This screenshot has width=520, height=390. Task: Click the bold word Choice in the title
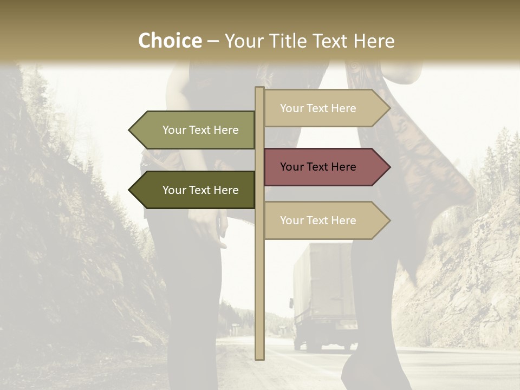tap(170, 41)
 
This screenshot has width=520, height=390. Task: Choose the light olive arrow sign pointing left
tap(195, 130)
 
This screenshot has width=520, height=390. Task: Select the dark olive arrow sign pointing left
tap(195, 190)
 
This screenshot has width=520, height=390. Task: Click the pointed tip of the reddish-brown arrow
tap(389, 167)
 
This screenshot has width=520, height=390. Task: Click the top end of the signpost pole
tap(259, 89)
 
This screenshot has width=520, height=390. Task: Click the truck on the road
tap(323, 295)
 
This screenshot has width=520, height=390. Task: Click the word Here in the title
tap(373, 41)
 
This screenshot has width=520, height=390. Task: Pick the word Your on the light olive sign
tap(174, 130)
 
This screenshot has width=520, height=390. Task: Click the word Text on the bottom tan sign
tap(317, 220)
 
